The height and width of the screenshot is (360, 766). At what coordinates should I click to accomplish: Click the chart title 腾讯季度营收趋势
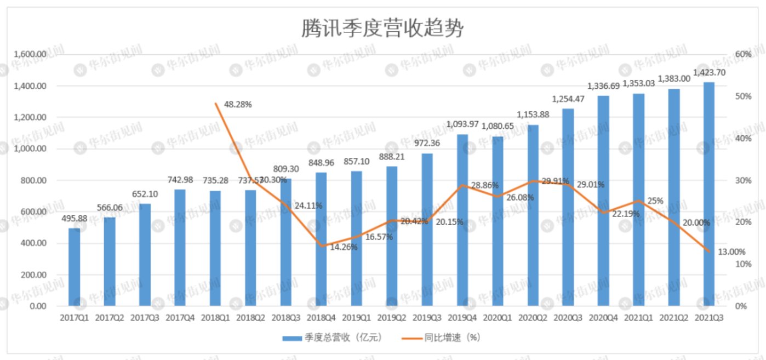382,28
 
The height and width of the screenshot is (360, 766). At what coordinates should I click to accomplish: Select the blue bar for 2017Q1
74,267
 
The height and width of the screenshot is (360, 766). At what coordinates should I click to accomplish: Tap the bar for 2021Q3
708,194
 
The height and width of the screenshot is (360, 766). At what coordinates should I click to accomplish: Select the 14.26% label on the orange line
343,247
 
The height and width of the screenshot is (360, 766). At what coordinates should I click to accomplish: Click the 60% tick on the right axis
744,55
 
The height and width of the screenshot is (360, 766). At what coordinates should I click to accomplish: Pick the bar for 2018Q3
285,242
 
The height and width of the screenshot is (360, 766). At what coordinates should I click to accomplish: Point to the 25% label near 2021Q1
655,201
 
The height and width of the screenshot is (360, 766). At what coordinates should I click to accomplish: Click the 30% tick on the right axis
744,180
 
